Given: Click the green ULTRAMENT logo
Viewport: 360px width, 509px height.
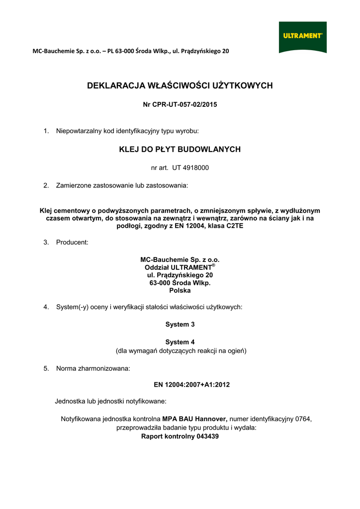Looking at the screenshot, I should tap(302, 36).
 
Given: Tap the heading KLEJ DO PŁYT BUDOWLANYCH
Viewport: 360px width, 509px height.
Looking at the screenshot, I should tap(180, 149).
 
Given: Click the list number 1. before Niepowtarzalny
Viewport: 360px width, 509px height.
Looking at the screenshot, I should tap(46, 131).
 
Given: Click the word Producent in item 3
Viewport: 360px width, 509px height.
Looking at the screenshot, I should tap(72, 243).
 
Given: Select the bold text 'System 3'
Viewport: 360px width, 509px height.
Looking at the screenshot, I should tap(180, 325).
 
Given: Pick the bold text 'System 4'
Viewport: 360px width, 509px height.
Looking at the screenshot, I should tap(180, 342).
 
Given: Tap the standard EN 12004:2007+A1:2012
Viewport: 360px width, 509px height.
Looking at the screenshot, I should tap(192, 385).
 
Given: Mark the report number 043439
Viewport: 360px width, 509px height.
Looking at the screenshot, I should tap(207, 436).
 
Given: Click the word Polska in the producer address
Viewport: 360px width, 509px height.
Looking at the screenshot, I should tap(180, 291).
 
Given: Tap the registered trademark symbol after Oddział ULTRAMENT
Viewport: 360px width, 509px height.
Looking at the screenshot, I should tap(213, 265).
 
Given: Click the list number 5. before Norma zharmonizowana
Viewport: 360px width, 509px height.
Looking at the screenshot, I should tap(46, 369).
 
